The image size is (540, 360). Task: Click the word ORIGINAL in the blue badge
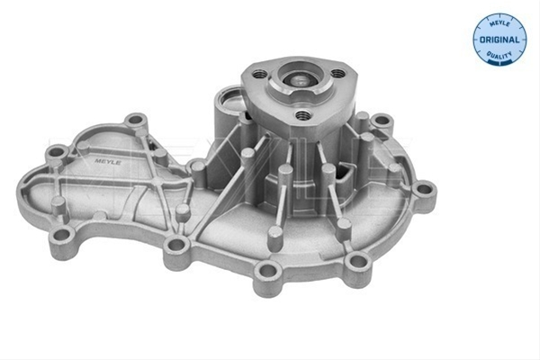[x=499, y=40]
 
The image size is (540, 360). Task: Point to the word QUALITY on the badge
[x=499, y=55]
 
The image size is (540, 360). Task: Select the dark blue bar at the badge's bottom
[x=499, y=63]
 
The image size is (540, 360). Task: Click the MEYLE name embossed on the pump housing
[x=107, y=161]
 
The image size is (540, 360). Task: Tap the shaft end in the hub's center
[x=299, y=81]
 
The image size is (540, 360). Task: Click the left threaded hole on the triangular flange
[x=260, y=74]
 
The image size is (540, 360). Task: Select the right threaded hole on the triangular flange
[x=337, y=73]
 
